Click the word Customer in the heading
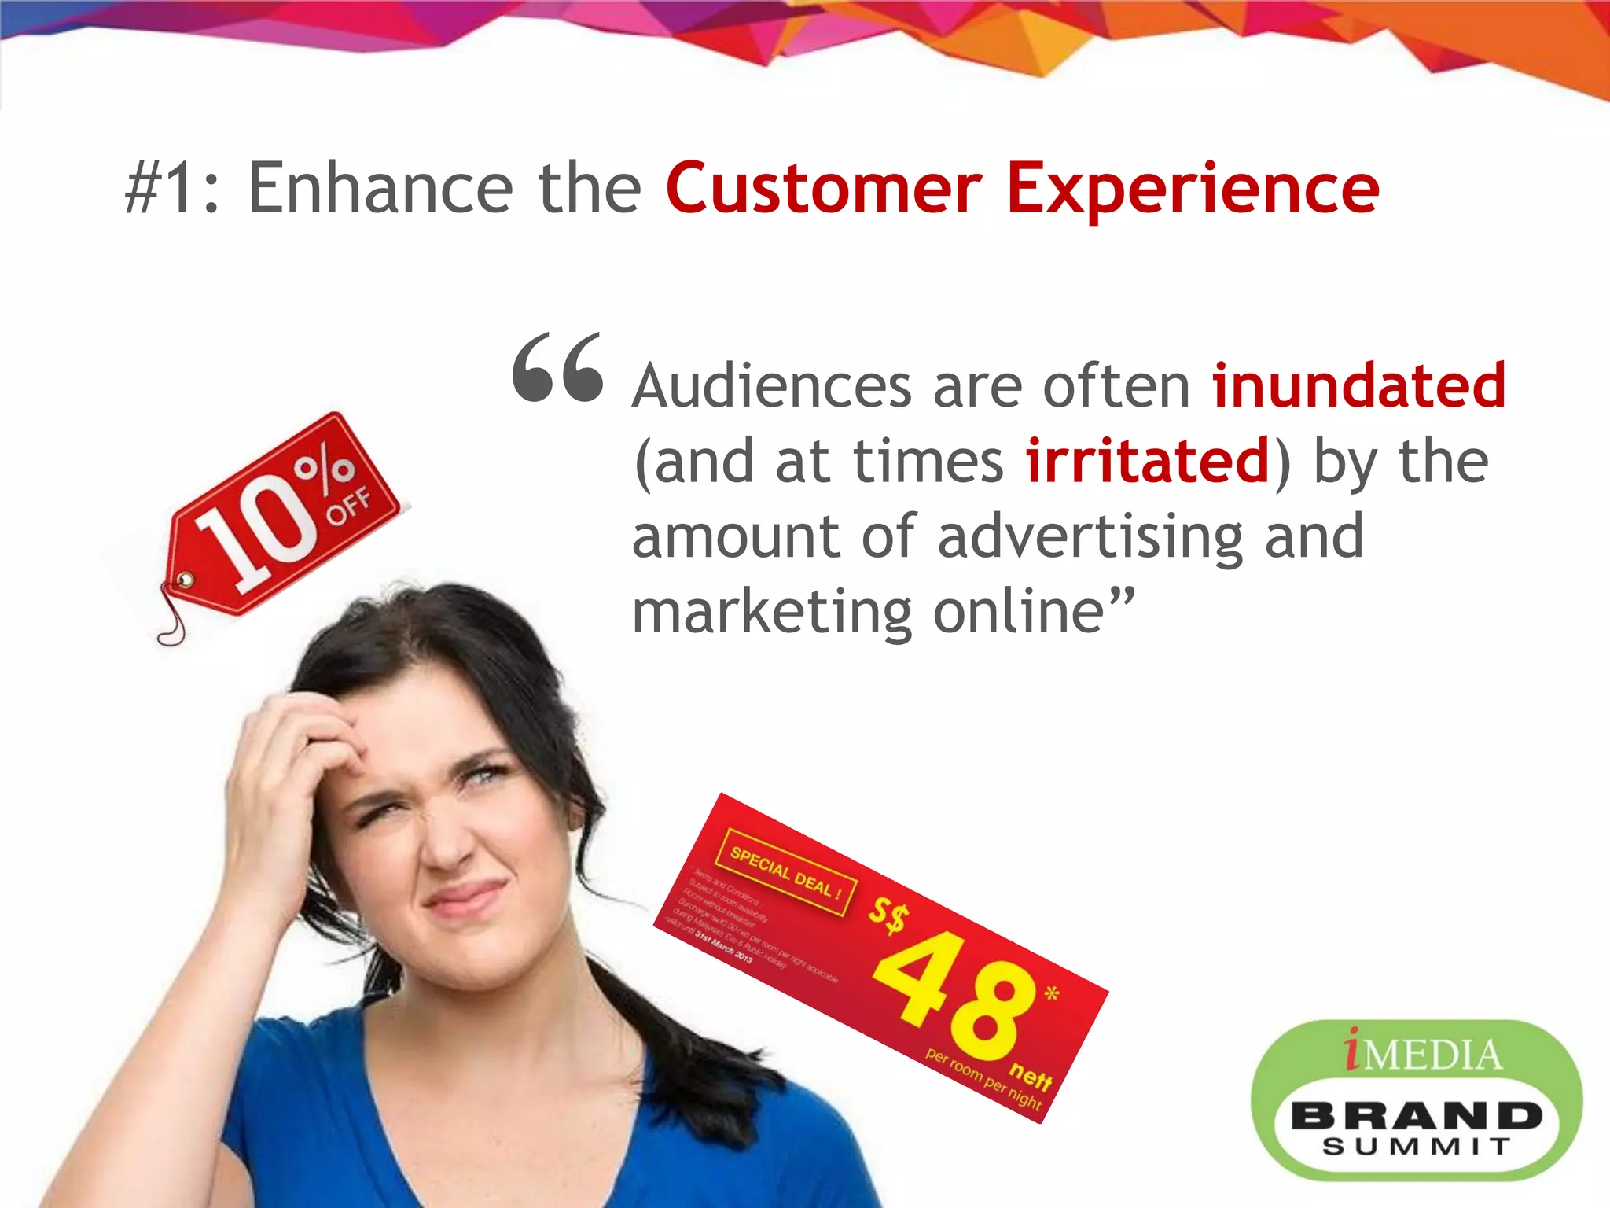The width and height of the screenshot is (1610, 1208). pyautogui.click(x=824, y=189)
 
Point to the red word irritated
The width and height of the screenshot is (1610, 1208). pyautogui.click(x=1148, y=461)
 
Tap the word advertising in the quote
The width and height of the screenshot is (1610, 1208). pyautogui.click(x=1091, y=538)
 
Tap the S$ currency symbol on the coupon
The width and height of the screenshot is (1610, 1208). pyautogui.click(x=889, y=915)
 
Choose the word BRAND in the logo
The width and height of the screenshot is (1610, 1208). pyautogui.click(x=1416, y=1115)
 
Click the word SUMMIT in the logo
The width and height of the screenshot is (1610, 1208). pyautogui.click(x=1416, y=1147)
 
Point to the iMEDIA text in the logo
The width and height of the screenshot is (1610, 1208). pyautogui.click(x=1423, y=1054)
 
